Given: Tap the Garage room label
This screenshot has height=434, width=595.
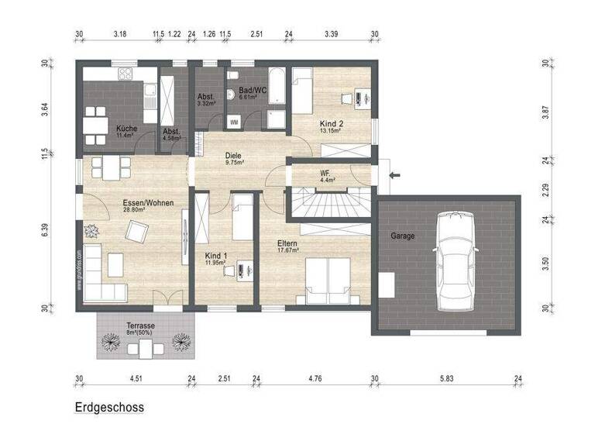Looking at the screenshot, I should tap(403, 236).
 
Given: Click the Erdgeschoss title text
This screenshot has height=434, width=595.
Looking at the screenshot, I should tap(109, 407).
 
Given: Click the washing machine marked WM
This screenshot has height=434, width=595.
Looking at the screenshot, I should tap(235, 122).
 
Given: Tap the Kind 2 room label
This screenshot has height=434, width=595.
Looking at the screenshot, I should tap(332, 124).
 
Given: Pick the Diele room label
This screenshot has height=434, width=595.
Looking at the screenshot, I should tap(234, 155).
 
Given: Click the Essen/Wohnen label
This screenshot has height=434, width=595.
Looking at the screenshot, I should tap(148, 204).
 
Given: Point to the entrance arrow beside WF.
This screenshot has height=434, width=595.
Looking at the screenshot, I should tap(394, 175).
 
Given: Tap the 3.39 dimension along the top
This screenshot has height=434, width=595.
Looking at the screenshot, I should tap(331, 34).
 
